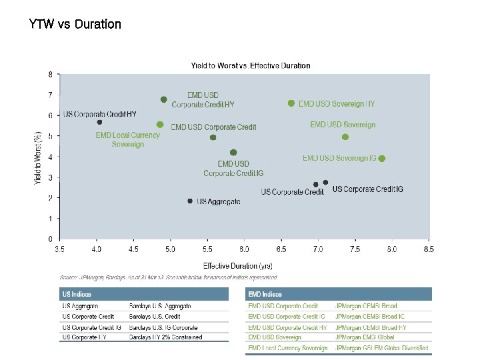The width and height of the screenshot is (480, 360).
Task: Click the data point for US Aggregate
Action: point(190,201)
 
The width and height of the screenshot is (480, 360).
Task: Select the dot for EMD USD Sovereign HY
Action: point(291,103)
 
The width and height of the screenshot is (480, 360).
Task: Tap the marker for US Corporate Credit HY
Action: point(99,122)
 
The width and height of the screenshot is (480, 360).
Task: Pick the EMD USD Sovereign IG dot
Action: point(382,159)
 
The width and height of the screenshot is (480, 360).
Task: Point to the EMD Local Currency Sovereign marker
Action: point(160,125)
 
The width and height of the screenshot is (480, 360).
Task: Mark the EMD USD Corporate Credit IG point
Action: point(233,153)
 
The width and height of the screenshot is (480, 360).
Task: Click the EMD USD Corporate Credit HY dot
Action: point(164,99)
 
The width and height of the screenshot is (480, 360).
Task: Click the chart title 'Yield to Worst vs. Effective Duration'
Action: point(250,65)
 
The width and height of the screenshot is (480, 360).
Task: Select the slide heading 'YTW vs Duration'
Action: point(75,25)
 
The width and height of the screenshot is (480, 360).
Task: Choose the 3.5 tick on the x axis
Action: point(59,250)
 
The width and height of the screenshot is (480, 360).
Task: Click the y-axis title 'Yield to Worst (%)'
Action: point(39,157)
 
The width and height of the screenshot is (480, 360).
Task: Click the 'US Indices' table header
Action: point(77,294)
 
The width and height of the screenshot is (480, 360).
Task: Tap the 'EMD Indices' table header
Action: point(265,294)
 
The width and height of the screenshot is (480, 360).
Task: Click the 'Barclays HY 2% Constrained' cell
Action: point(166,337)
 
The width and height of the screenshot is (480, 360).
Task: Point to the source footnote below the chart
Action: point(168,277)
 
